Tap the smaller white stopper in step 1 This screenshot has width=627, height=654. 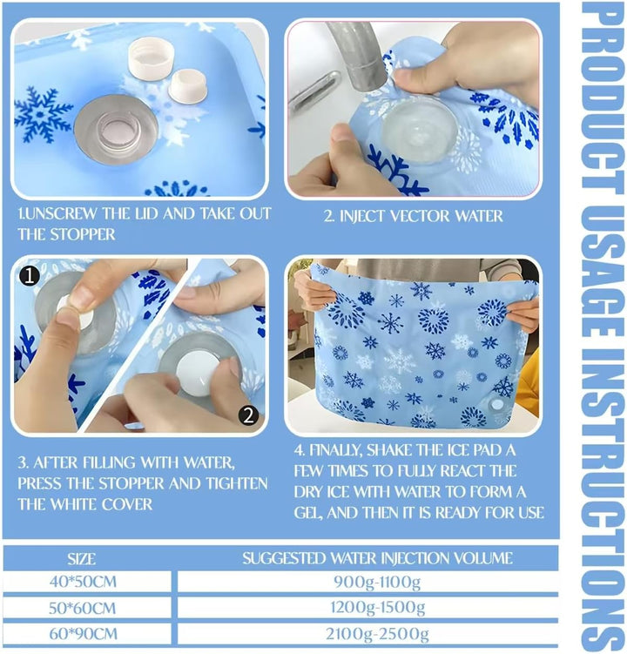pyautogui.click(x=188, y=86)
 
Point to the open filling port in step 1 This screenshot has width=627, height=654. pyautogui.click(x=116, y=129)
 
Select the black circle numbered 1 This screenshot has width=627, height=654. pyautogui.click(x=30, y=276)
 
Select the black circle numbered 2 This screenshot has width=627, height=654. pyautogui.click(x=249, y=415)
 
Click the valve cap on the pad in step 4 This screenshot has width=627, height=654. pyautogui.click(x=497, y=404)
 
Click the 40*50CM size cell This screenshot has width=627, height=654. pyautogui.click(x=83, y=582)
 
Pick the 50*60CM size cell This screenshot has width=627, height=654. pyautogui.click(x=83, y=608)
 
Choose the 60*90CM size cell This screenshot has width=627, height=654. pyautogui.click(x=84, y=634)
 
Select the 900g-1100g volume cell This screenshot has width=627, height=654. pyautogui.click(x=377, y=582)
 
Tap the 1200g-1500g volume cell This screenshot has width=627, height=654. pyautogui.click(x=378, y=608)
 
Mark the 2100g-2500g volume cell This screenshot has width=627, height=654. pyautogui.click(x=377, y=634)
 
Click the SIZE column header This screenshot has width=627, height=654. pyautogui.click(x=82, y=558)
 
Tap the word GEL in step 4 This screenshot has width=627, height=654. pyautogui.click(x=308, y=513)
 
